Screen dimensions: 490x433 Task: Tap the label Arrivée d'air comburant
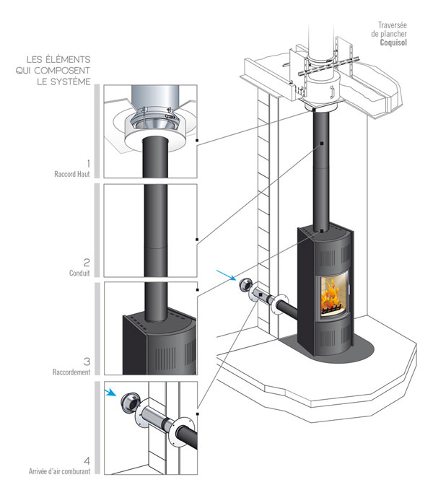[57, 472]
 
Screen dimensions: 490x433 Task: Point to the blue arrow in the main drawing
[225, 275]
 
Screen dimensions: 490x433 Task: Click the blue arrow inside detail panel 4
[111, 393]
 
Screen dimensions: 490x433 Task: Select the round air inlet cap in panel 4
[131, 403]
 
